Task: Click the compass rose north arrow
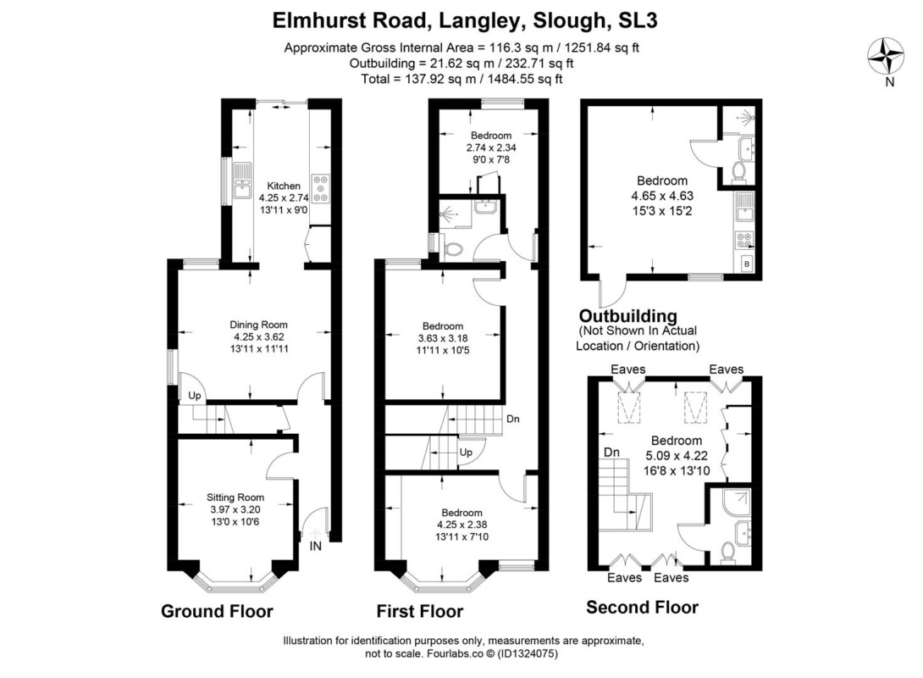(x=887, y=58)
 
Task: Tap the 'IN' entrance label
(x=316, y=546)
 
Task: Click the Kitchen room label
(x=284, y=186)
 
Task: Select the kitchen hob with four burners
(x=322, y=188)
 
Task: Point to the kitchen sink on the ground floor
(x=242, y=181)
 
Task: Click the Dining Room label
(x=258, y=325)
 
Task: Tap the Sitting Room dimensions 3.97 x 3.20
(x=235, y=509)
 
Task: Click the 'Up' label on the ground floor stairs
(x=194, y=395)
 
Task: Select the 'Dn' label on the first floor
(x=512, y=419)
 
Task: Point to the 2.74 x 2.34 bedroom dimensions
(x=491, y=147)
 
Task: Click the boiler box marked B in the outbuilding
(x=747, y=264)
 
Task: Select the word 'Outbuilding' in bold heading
(x=628, y=316)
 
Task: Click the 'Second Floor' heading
(x=642, y=608)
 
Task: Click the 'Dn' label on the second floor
(x=611, y=453)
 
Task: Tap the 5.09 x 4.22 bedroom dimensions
(x=677, y=455)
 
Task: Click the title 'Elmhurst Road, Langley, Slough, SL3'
(x=464, y=20)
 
